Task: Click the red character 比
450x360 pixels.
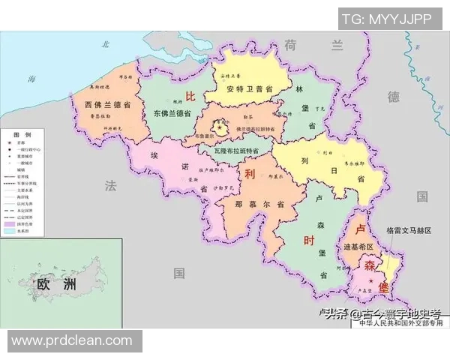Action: pyautogui.click(x=190, y=96)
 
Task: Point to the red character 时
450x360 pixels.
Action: pyautogui.click(x=308, y=241)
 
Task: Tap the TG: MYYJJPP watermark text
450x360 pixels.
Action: pyautogui.click(x=391, y=18)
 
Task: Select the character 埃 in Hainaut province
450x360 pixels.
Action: pyautogui.click(x=154, y=155)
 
